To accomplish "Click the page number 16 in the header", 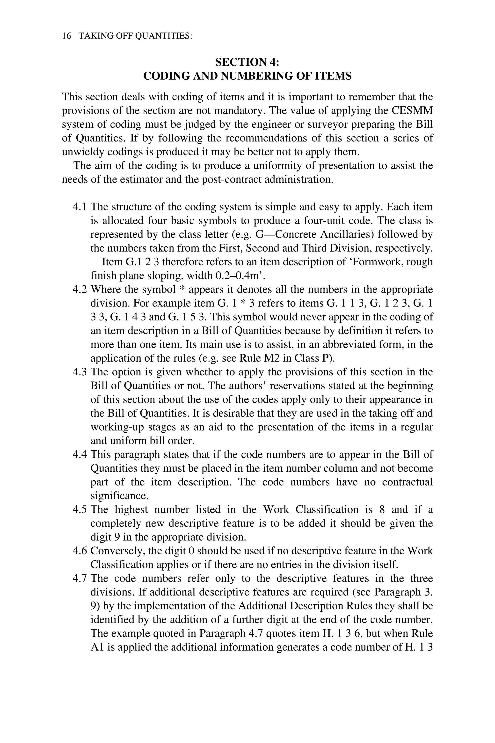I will pos(67,36).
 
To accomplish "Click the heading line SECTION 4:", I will pos(247,62).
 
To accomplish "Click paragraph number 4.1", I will pos(79,207).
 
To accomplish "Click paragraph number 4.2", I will pos(79,289).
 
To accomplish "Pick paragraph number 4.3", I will pos(79,372).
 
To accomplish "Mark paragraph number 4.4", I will pos(79,455).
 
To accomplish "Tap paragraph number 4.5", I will pos(79,510).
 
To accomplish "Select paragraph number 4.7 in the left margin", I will pos(79,579).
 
